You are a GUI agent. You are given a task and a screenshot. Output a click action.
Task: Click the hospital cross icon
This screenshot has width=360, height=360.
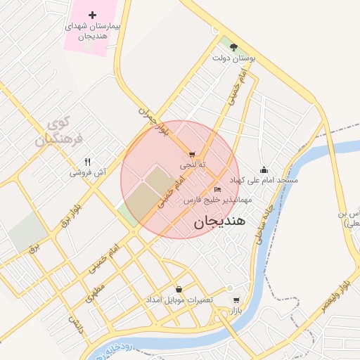92,15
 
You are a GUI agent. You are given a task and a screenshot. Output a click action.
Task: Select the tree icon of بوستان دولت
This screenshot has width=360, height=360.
234,48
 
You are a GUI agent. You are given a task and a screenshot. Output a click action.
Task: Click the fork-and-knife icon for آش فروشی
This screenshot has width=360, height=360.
87,161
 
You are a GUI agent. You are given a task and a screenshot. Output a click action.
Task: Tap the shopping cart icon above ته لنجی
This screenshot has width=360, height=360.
193,154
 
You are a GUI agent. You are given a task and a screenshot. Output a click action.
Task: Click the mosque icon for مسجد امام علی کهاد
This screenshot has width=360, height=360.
264,169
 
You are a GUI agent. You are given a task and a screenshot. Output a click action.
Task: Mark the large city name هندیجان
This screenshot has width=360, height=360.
219,221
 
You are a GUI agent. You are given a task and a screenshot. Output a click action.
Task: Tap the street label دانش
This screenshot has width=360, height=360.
76,324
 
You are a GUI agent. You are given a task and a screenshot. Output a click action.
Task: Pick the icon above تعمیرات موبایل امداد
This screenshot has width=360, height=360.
179,289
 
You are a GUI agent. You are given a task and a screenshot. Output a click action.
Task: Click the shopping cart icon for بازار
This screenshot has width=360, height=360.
236,300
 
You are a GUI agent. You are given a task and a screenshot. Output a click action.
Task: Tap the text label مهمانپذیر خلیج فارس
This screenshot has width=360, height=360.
212,200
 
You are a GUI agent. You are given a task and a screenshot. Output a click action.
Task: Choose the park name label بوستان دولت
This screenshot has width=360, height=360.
233,59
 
